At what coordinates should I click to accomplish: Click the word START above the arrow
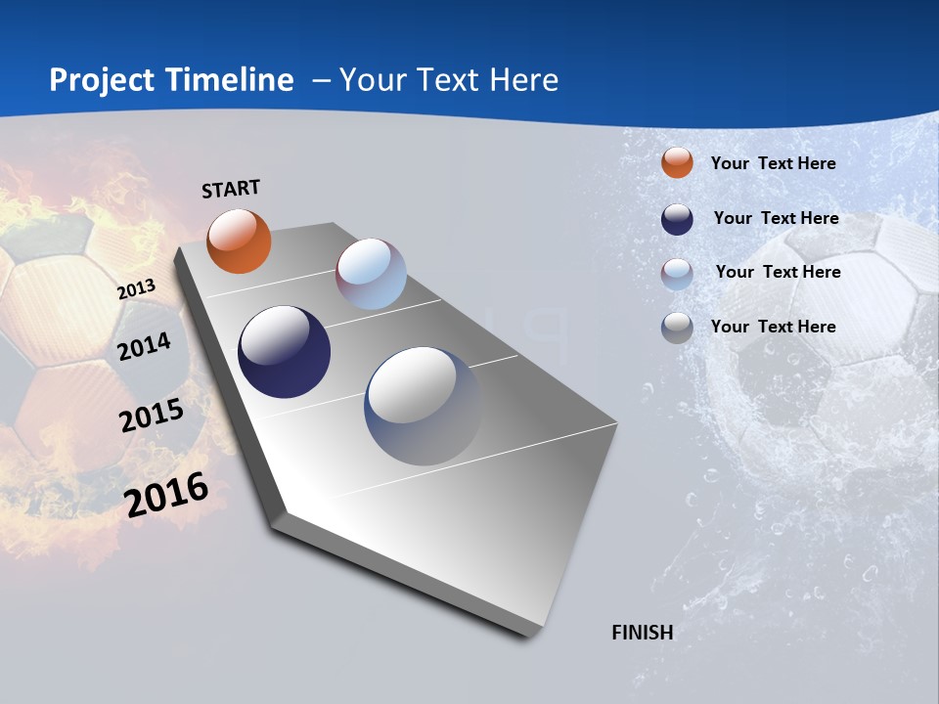tap(231, 189)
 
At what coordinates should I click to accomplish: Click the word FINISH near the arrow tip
tap(642, 633)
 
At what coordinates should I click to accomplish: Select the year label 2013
tap(136, 289)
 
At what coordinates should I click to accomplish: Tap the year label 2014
tap(144, 346)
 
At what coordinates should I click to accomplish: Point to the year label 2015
tap(152, 416)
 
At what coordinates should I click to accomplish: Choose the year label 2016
tap(166, 495)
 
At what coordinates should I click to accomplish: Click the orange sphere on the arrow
tap(239, 242)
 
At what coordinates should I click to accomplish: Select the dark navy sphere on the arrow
tap(284, 352)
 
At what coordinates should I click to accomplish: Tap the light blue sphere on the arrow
tap(371, 274)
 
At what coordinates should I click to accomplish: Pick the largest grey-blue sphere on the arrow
tap(423, 405)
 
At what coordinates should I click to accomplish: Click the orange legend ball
tap(677, 162)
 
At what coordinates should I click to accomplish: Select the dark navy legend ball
tap(677, 219)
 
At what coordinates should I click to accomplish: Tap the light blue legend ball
tap(677, 274)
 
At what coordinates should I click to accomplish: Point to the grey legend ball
tap(677, 328)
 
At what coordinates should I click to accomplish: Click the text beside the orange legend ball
tap(773, 163)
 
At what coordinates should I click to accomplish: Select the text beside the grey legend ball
tap(773, 327)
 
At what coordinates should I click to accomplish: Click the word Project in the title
tap(102, 80)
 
